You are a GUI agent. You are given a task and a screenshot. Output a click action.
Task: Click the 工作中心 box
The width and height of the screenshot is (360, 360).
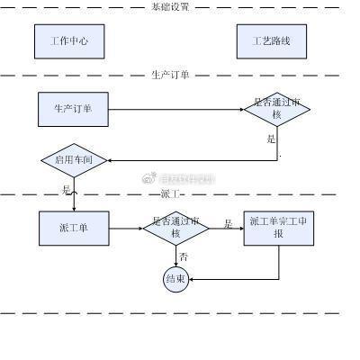pyautogui.click(x=68, y=41)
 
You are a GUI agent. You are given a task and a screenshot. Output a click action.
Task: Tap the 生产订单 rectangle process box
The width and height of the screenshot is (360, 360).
pyautogui.click(x=74, y=110)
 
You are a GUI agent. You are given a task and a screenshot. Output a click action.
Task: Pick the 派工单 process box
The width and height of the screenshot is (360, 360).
pyautogui.click(x=74, y=228)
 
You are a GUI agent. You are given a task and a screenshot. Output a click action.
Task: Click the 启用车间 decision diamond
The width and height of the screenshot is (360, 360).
pyautogui.click(x=75, y=160)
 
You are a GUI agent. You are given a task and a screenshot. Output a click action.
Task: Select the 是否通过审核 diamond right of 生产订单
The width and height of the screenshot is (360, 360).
pyautogui.click(x=277, y=110)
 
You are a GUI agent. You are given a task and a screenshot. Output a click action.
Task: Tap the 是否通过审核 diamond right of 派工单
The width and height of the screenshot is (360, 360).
pyautogui.click(x=177, y=228)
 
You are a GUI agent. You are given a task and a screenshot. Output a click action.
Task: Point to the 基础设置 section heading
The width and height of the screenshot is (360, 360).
pyautogui.click(x=170, y=6)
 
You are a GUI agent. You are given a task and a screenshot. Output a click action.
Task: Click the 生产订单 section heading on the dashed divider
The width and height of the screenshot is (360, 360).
pyautogui.click(x=170, y=75)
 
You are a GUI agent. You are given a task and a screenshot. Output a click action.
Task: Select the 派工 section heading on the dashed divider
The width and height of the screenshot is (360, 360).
pyautogui.click(x=171, y=193)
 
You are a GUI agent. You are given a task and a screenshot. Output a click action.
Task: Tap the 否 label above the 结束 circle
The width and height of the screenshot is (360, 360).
pyautogui.click(x=183, y=257)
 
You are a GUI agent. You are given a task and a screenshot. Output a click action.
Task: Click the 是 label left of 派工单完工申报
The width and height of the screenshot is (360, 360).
pyautogui.click(x=227, y=223)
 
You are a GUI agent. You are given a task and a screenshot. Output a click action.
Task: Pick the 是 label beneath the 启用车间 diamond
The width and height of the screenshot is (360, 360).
pyautogui.click(x=66, y=190)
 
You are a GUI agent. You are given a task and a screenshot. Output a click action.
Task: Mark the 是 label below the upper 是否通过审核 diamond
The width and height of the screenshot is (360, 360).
pyautogui.click(x=270, y=139)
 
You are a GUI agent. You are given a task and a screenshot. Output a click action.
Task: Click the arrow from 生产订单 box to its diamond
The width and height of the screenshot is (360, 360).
pyautogui.click(x=175, y=110)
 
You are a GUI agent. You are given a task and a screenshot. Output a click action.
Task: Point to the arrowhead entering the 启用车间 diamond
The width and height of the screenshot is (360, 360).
pyautogui.click(x=112, y=160)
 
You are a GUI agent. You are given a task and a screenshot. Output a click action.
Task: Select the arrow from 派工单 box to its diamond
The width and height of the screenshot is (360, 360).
pyautogui.click(x=126, y=228)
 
